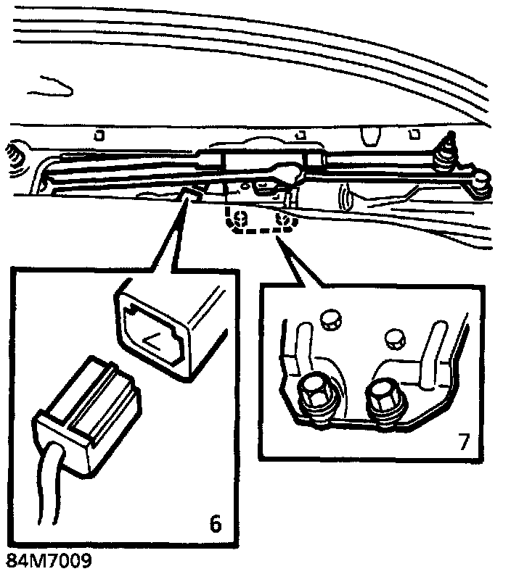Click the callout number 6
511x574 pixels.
coord(214,521)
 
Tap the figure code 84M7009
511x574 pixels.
coord(49,562)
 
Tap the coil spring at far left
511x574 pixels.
coord(12,155)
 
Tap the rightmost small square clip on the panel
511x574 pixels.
coord(415,134)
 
